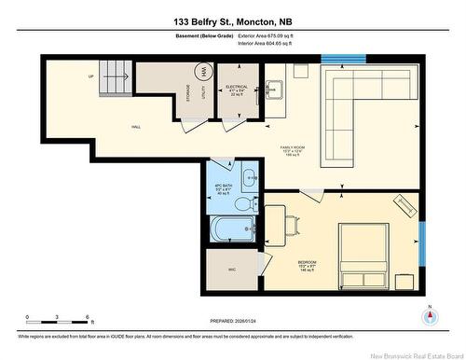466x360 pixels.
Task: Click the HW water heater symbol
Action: pyautogui.click(x=202, y=73)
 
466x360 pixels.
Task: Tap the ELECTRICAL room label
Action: pyautogui.click(x=236, y=87)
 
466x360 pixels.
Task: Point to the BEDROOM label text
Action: pyautogui.click(x=309, y=263)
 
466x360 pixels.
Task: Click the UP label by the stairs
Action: pyautogui.click(x=91, y=76)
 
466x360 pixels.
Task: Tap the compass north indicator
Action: pyautogui.click(x=430, y=316)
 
